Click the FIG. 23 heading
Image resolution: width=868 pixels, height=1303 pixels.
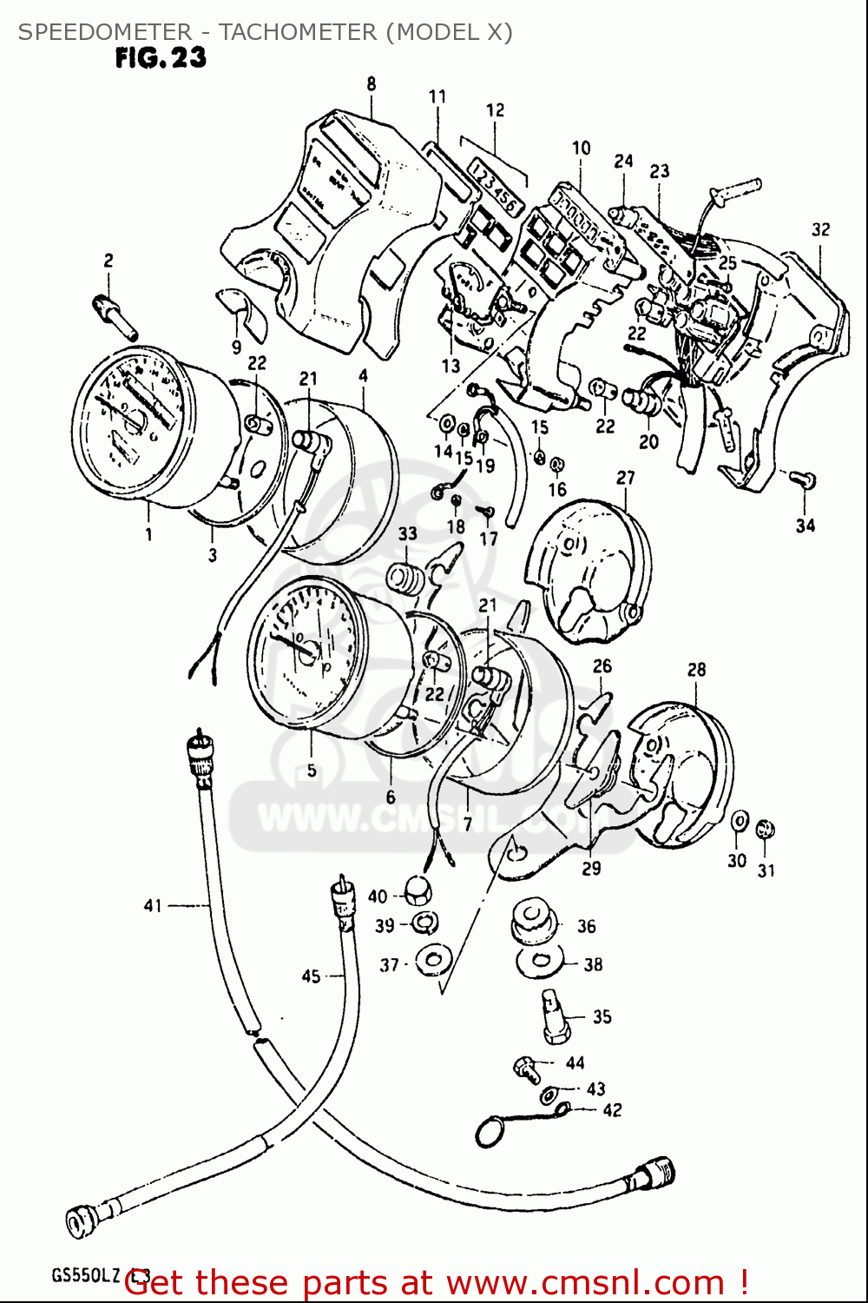pyautogui.click(x=161, y=58)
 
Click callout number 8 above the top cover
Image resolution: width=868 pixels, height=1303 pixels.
pyautogui.click(x=372, y=84)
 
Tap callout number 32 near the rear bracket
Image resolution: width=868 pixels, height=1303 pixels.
pyautogui.click(x=820, y=229)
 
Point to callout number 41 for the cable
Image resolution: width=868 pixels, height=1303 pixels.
pyautogui.click(x=153, y=906)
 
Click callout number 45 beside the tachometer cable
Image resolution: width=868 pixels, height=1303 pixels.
pyautogui.click(x=311, y=976)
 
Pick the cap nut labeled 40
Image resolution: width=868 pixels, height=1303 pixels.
pyautogui.click(x=417, y=891)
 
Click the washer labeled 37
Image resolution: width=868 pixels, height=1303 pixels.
pyautogui.click(x=433, y=960)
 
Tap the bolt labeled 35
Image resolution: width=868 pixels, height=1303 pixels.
pyautogui.click(x=555, y=1016)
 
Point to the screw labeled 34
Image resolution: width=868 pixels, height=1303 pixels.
pyautogui.click(x=805, y=480)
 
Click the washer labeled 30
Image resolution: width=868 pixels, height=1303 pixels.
pyautogui.click(x=740, y=821)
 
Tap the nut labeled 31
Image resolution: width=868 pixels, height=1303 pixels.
pyautogui.click(x=766, y=830)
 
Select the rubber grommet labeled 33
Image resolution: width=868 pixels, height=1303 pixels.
pyautogui.click(x=405, y=579)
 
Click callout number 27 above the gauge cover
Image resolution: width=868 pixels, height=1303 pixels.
pyautogui.click(x=626, y=478)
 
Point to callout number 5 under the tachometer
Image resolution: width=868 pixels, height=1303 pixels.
pyautogui.click(x=311, y=770)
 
